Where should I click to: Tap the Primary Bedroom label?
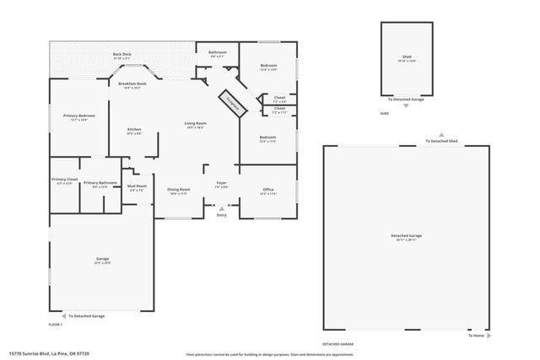coord(78,117)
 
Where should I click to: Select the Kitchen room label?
coord(133,131)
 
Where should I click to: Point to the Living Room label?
coord(196,126)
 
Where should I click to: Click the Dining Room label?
coord(178,191)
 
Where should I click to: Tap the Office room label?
coord(267,191)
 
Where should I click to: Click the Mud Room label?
coord(137,187)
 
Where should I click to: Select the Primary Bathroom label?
coord(100,183)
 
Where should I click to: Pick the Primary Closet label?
coord(64,180)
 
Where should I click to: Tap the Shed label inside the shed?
coord(407,59)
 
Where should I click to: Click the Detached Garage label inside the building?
coord(406,236)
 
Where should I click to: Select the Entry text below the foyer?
coord(221,216)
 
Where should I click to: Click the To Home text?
coord(477,335)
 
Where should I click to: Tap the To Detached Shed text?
coord(441,141)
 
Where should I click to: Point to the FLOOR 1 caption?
coord(56,325)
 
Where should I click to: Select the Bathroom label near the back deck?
coord(218,53)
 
